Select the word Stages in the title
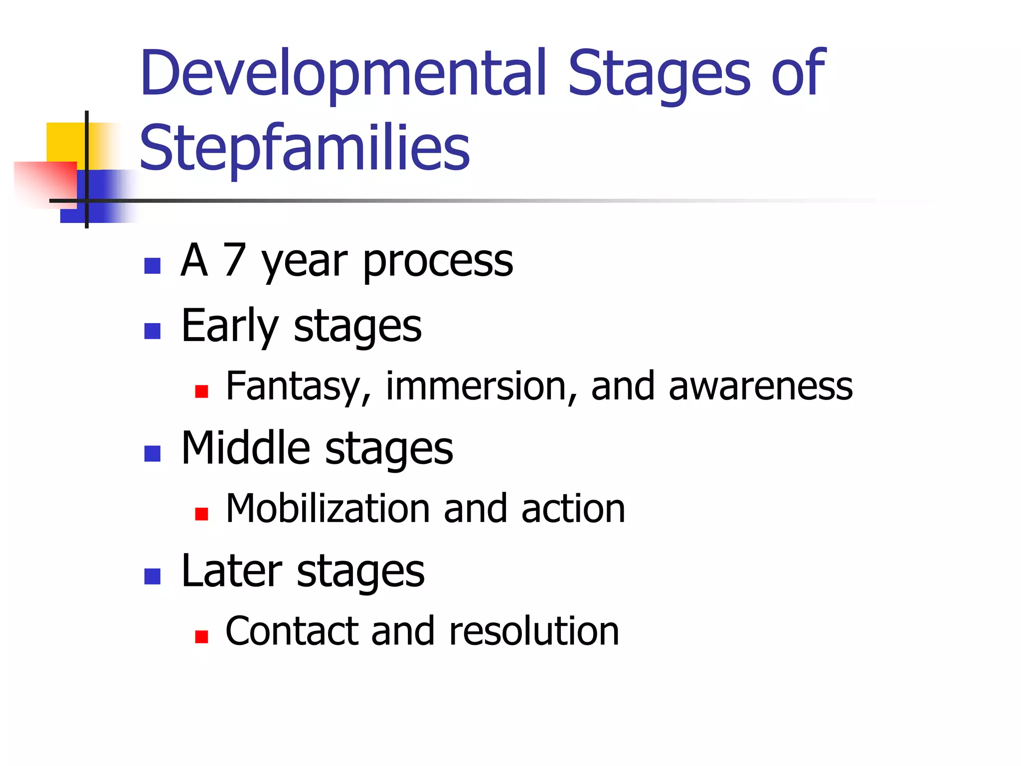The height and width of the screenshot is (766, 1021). pos(659,74)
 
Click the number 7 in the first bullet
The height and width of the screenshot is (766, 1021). pos(234,260)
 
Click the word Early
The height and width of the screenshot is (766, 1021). pos(229,327)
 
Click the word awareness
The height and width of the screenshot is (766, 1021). pos(760,386)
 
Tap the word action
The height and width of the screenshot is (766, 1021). pos(573,509)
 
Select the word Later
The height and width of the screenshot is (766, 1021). pos(231,571)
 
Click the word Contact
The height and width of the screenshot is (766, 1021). pos(292,631)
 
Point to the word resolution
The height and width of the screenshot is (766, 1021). pos(533,631)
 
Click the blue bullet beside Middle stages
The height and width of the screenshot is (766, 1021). pos(152,454)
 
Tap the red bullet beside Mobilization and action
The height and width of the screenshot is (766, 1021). pos(201,514)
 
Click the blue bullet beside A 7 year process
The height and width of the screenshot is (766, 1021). pos(152,266)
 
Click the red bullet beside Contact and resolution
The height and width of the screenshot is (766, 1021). pos(201,637)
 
